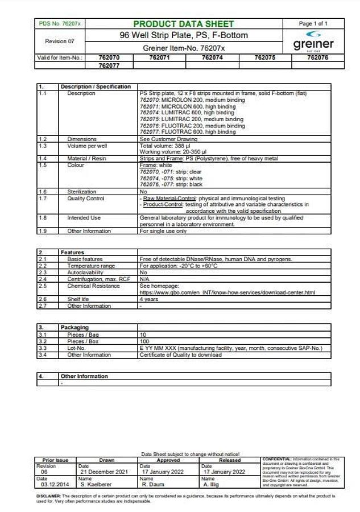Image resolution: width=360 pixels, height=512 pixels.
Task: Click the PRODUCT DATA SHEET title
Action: click(x=183, y=24)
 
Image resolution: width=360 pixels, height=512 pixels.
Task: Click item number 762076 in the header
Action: click(x=317, y=57)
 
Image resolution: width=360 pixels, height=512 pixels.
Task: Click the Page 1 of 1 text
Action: click(x=313, y=24)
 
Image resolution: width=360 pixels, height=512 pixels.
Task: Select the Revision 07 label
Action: click(x=60, y=42)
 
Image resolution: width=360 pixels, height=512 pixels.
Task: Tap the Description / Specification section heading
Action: click(x=96, y=86)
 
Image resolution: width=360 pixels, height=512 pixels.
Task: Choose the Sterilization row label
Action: click(x=82, y=192)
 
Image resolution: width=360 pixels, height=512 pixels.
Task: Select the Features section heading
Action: click(x=72, y=253)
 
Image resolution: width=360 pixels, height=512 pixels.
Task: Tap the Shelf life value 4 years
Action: click(x=149, y=299)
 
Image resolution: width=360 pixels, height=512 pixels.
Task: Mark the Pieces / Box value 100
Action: click(x=144, y=341)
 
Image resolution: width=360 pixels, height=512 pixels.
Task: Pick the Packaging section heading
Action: click(x=75, y=328)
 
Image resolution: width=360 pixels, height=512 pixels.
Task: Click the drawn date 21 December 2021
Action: click(x=102, y=472)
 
